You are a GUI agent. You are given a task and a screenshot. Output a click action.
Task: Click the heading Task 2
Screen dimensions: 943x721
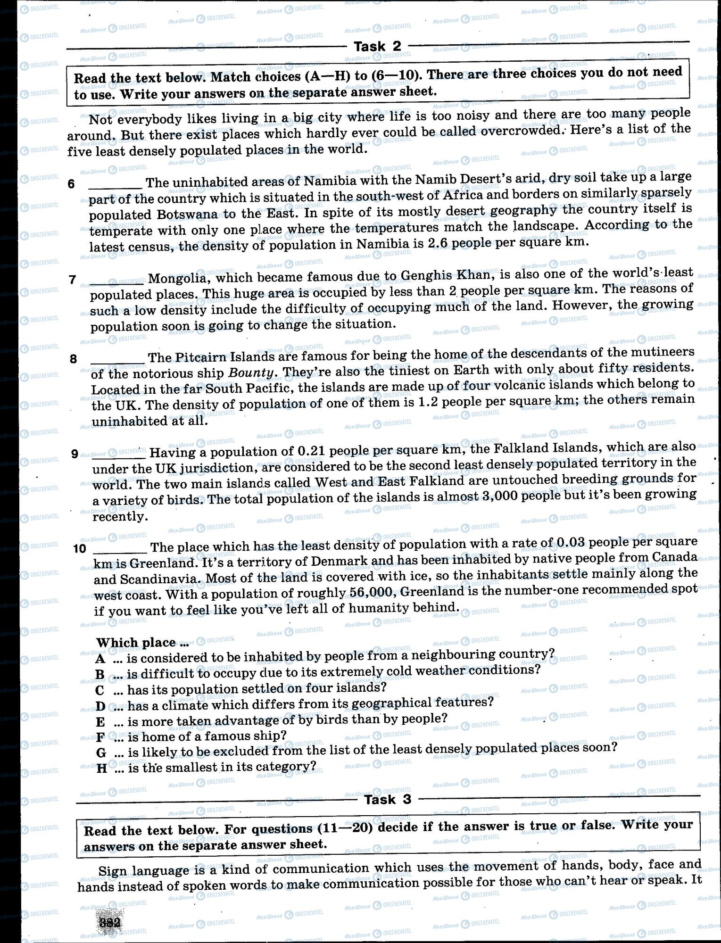[x=377, y=46]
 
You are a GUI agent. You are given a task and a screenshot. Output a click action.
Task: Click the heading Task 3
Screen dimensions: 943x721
[x=388, y=799]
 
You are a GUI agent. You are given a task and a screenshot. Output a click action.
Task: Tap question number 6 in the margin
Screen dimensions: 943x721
[x=71, y=184]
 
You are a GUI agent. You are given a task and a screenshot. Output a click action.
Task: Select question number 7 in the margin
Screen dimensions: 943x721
[x=72, y=280]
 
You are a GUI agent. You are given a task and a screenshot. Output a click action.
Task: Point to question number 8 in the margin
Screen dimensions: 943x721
[x=73, y=359]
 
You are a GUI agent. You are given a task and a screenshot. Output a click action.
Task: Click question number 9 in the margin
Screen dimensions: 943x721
[x=75, y=454]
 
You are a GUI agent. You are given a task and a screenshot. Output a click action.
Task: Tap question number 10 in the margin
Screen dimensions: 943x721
[x=80, y=548]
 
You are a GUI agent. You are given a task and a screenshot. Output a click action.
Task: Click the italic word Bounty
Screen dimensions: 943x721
[x=251, y=372]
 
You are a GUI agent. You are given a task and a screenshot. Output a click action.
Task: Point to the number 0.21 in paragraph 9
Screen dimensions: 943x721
[x=308, y=451]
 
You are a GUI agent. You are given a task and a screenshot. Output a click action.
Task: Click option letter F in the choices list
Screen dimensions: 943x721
[x=100, y=737]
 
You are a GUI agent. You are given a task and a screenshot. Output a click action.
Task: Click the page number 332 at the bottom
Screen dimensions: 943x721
[x=109, y=923]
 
